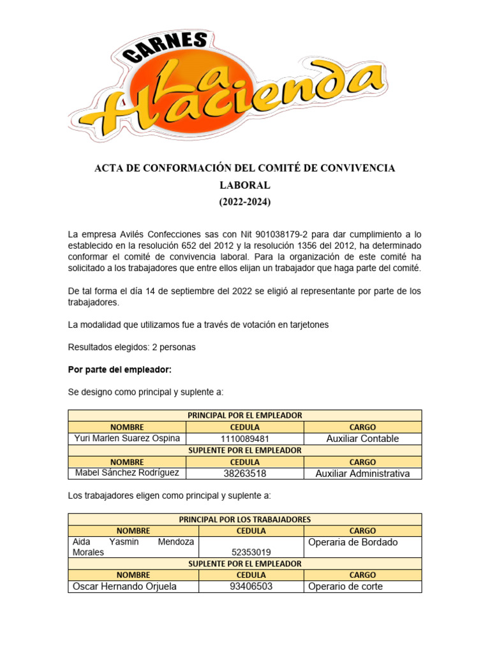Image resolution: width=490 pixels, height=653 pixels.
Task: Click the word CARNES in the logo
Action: pos(168,49)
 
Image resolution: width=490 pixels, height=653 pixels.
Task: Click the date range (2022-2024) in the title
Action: pos(245,202)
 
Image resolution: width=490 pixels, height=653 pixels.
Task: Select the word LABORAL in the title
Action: pos(245,185)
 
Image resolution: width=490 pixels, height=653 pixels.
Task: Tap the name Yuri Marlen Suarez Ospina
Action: pos(128,438)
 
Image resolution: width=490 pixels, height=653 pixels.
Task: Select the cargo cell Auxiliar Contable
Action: pos(362,439)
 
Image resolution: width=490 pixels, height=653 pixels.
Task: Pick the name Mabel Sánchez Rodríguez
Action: pos(128,473)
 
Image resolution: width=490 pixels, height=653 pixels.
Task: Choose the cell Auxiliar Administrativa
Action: pos(362,473)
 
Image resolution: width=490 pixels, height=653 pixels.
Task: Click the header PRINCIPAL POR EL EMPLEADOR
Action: pos(245,415)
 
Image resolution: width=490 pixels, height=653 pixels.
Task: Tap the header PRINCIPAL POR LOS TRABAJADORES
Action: pos(245,519)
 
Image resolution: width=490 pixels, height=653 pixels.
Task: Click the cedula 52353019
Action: pos(251,552)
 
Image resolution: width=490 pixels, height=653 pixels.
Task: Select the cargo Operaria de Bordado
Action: pos(353,542)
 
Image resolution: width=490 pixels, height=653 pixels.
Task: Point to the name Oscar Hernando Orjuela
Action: pos(125,586)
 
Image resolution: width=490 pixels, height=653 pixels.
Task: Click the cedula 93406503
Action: pos(251,586)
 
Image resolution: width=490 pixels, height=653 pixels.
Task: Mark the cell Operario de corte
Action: pos(345,586)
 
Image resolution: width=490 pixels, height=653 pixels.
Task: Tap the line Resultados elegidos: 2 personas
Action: pos(131,348)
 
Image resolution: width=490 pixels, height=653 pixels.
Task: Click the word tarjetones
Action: pos(306,325)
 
